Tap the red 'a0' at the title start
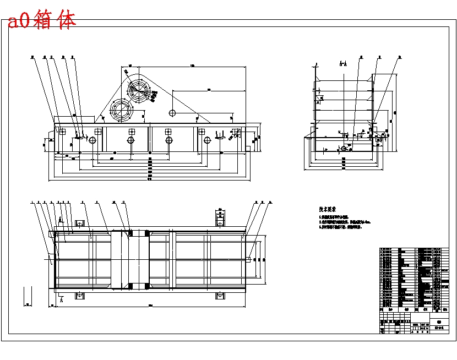19,21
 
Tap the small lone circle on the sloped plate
172,113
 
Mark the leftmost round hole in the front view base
92,140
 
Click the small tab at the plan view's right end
251,259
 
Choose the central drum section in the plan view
130,259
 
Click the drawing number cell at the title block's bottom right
440,329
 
